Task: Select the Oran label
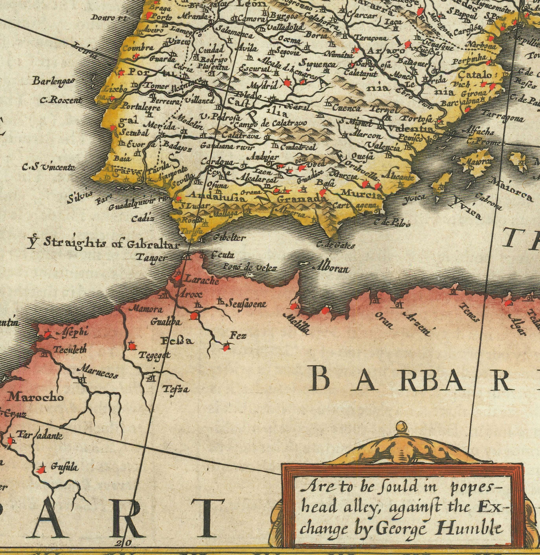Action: (x=384, y=321)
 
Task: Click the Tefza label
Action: (x=176, y=390)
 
